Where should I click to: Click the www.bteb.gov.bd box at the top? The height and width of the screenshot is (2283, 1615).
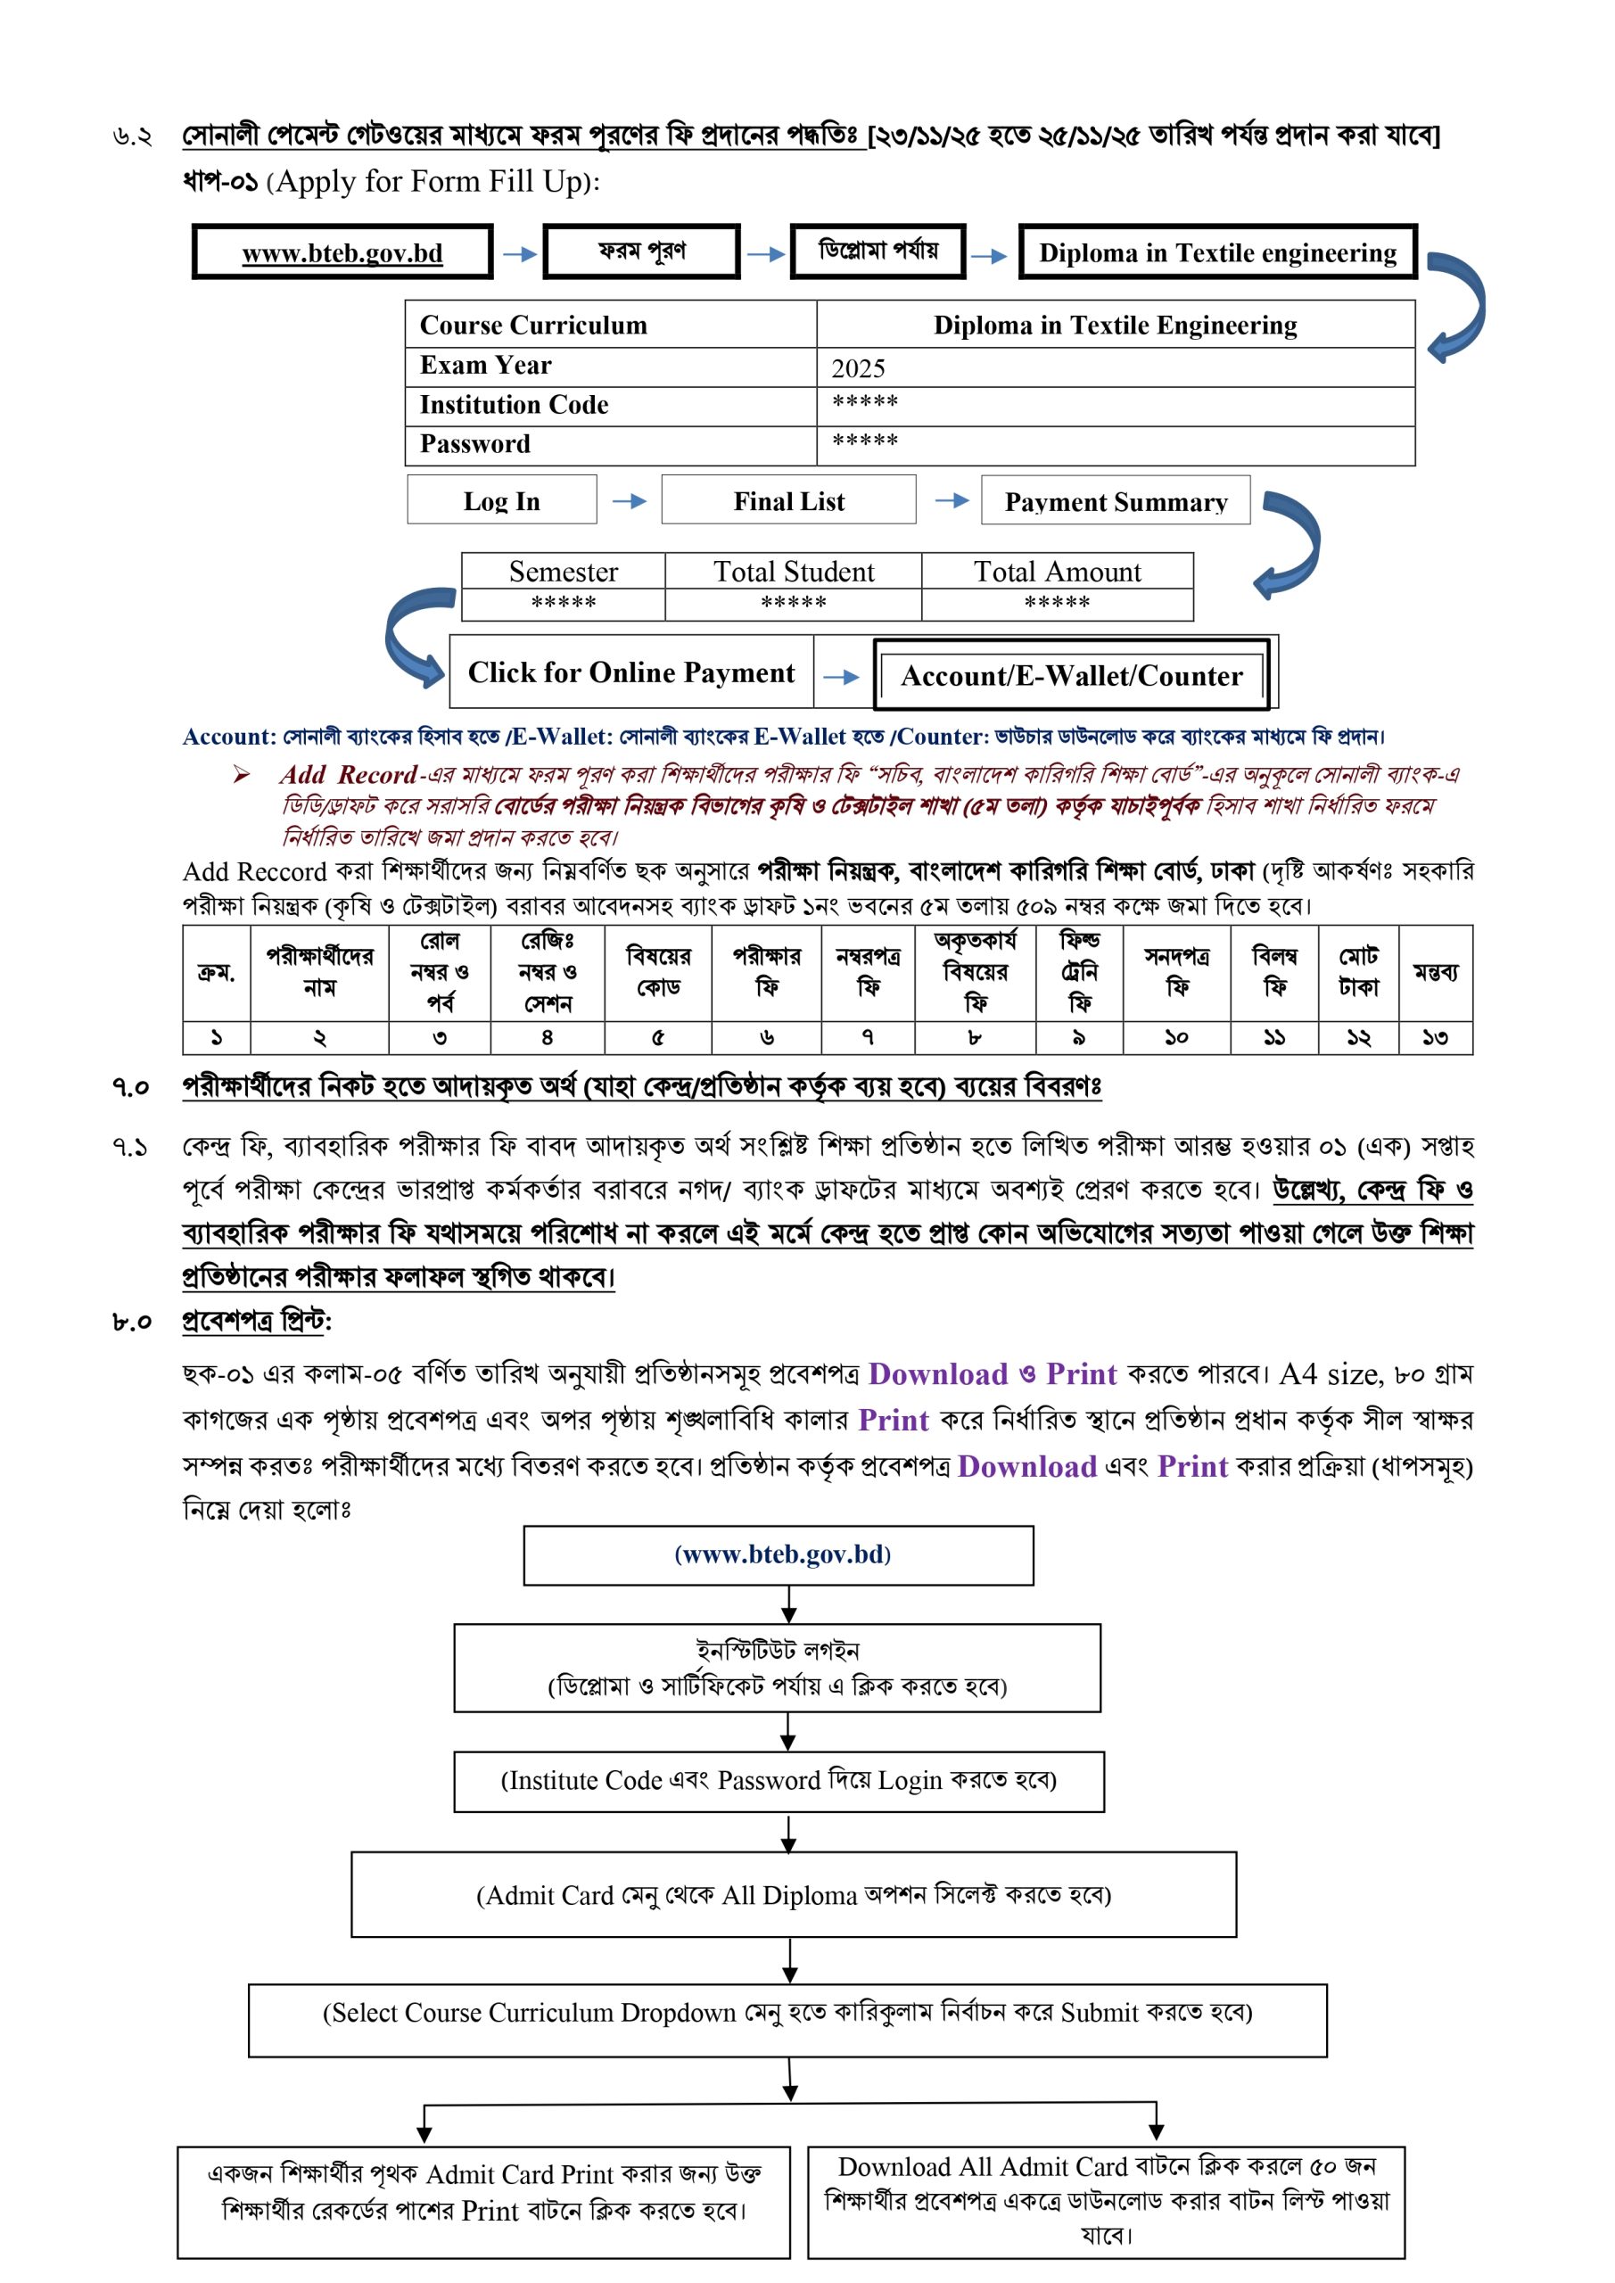[x=342, y=252]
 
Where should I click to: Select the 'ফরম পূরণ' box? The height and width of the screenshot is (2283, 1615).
[x=641, y=251]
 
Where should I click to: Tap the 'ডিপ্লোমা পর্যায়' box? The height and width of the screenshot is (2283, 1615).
[x=878, y=251]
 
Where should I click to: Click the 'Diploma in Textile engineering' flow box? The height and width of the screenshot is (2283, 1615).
[x=1217, y=252]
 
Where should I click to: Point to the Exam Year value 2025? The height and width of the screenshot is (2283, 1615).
[x=858, y=368]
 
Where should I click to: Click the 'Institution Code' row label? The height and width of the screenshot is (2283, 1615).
[x=515, y=405]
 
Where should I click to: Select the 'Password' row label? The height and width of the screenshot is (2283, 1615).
[x=475, y=444]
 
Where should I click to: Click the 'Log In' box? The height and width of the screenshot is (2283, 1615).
[x=501, y=500]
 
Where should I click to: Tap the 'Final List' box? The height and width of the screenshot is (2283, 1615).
[x=788, y=500]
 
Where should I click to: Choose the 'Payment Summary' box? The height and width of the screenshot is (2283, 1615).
[x=1115, y=501]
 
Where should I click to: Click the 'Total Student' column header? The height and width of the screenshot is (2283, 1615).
[x=793, y=572]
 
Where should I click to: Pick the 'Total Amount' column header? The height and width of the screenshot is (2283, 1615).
[x=1056, y=572]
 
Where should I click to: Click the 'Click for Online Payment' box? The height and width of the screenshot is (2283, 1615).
[x=630, y=673]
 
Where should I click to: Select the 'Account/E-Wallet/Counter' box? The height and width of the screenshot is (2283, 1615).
[x=1071, y=676]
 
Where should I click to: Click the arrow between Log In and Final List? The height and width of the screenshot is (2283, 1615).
[x=629, y=501]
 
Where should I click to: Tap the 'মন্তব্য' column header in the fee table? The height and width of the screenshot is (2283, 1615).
[x=1435, y=971]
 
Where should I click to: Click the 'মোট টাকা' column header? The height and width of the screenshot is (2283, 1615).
[x=1357, y=971]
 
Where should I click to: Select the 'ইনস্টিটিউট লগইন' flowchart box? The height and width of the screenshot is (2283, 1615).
[x=777, y=1668]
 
